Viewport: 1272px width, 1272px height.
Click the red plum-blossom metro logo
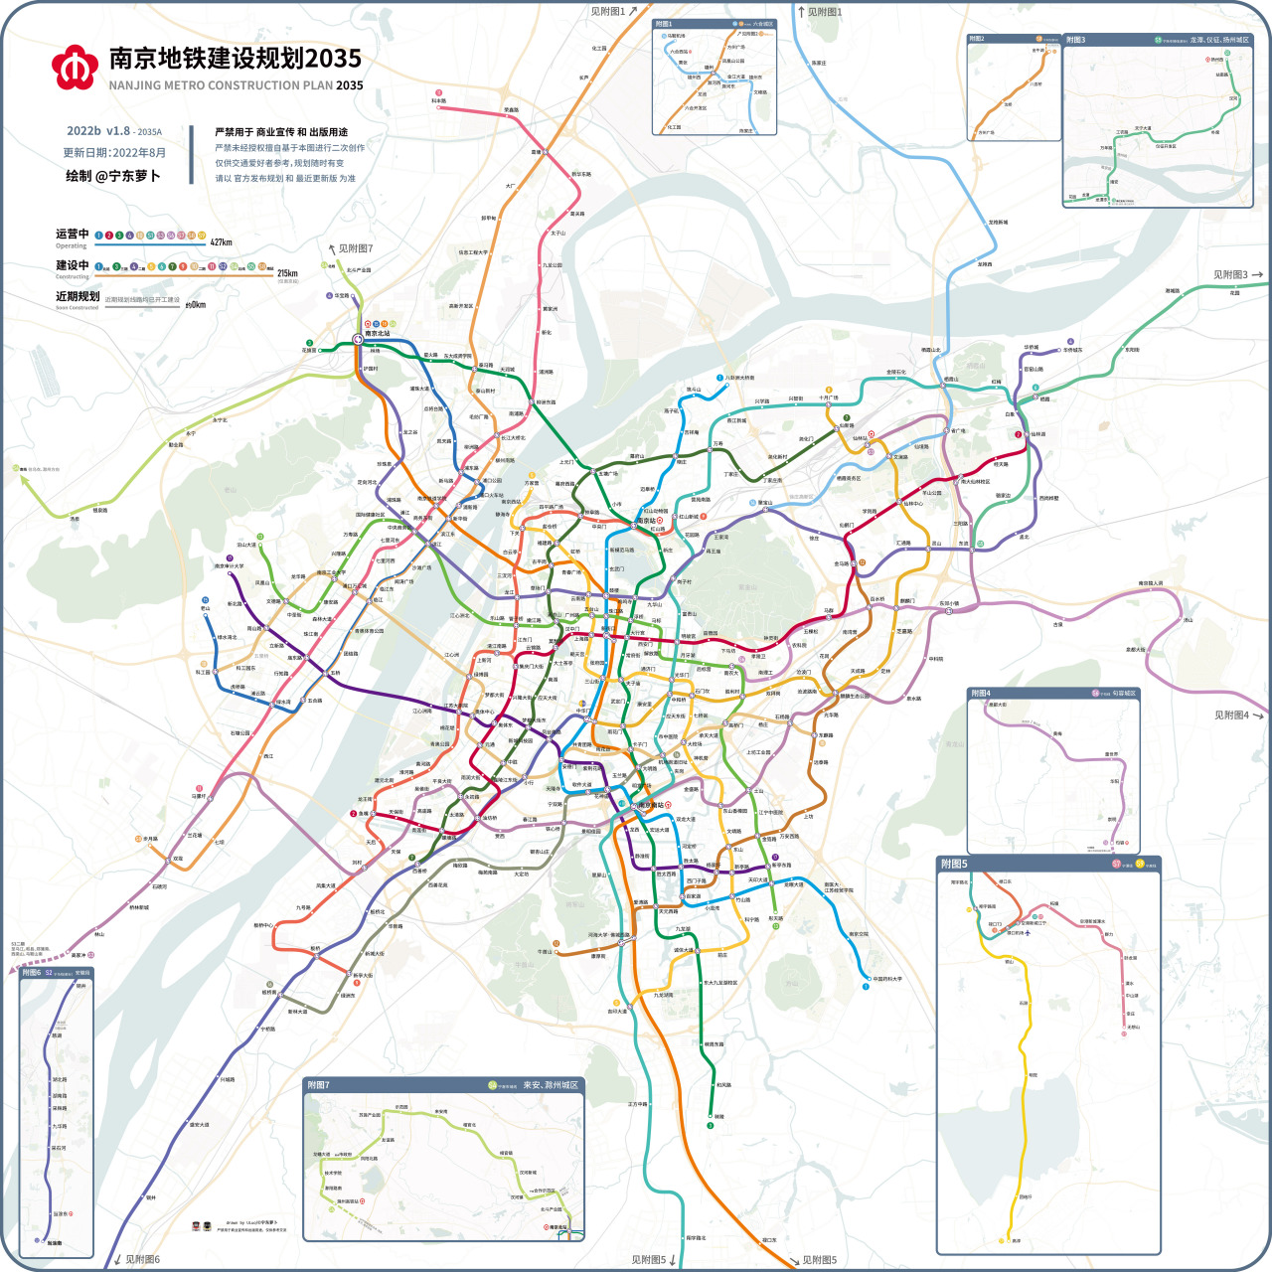click(x=75, y=67)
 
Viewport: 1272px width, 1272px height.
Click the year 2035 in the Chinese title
click(x=334, y=59)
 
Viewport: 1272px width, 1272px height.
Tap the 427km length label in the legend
click(x=221, y=241)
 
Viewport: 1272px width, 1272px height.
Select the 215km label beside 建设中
click(x=287, y=273)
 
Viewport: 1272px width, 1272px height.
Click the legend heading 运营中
click(x=73, y=235)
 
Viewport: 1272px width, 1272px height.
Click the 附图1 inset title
click(x=664, y=24)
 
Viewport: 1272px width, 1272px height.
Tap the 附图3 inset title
click(x=1076, y=40)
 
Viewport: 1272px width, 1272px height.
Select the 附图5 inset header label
click(x=954, y=864)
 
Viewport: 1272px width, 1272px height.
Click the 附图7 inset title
click(x=318, y=1084)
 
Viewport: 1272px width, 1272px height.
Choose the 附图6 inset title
click(x=32, y=973)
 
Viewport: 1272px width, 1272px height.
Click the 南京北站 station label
click(x=379, y=334)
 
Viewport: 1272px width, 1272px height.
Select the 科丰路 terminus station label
click(x=438, y=101)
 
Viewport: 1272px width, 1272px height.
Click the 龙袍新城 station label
click(x=998, y=223)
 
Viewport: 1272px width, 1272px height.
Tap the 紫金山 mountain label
click(x=747, y=587)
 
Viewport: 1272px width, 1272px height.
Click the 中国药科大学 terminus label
click(x=887, y=979)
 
